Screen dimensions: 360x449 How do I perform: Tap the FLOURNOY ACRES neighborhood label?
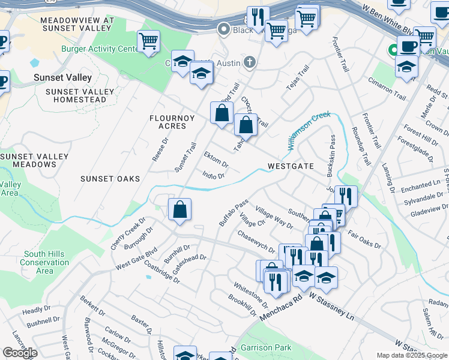coord(172,122)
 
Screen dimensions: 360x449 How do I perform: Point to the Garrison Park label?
coord(266,347)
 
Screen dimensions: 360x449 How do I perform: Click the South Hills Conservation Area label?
coord(44,262)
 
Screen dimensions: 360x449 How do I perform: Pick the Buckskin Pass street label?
coord(330,155)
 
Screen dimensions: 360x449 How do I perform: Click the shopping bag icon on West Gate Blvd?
coord(179,210)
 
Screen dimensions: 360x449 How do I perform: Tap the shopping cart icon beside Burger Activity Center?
coord(148,42)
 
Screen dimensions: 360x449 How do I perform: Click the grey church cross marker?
coord(250,62)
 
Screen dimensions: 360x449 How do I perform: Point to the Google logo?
coord(20,353)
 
